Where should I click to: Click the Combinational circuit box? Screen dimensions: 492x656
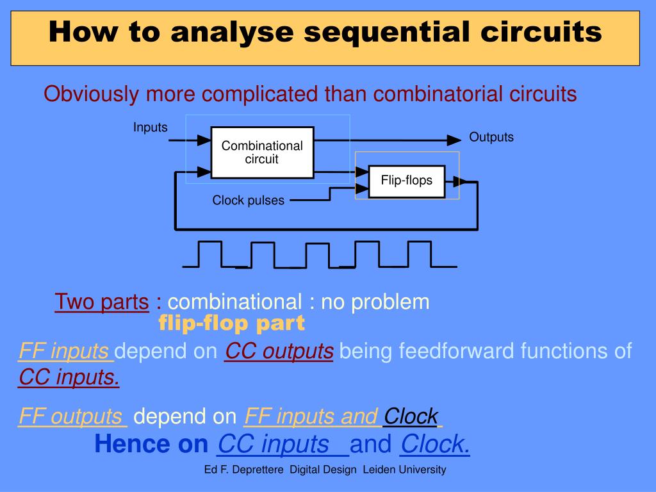(x=262, y=152)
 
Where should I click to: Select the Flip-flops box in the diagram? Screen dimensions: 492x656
(x=406, y=180)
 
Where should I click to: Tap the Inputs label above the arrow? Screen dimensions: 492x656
(x=150, y=127)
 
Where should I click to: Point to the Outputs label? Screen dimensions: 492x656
(x=491, y=137)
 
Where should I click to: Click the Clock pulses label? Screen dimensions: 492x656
(x=248, y=201)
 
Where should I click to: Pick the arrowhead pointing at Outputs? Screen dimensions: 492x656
(x=454, y=140)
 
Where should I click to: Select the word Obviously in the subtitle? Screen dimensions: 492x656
(x=91, y=94)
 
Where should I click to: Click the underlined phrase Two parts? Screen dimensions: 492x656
(x=101, y=302)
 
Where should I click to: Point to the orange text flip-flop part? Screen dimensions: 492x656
(x=231, y=324)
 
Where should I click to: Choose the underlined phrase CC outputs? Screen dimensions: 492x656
(x=279, y=351)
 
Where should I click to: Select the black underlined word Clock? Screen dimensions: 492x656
(x=411, y=417)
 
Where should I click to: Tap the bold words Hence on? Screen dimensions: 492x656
(x=151, y=443)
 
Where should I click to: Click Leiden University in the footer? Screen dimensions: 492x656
(x=404, y=470)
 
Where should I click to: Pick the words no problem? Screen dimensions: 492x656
(x=375, y=302)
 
